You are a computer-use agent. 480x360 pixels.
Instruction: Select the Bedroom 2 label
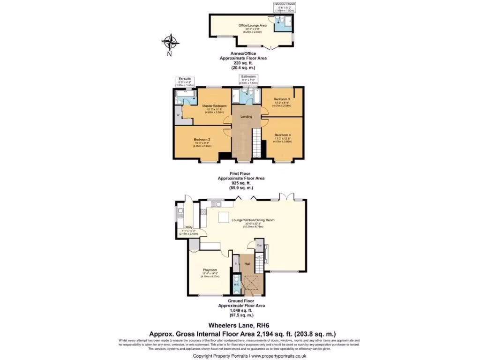(202, 139)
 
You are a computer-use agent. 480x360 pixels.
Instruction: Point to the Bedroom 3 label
(282, 99)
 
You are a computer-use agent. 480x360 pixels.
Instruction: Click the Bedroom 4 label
(282, 135)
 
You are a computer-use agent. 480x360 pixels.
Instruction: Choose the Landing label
(246, 117)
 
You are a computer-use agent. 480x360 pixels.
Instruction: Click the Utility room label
(188, 227)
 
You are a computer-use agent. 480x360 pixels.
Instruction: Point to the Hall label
(247, 264)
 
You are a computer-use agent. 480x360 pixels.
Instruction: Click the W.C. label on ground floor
(236, 284)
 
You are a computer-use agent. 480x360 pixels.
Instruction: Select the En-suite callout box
(184, 82)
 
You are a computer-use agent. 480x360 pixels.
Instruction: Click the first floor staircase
(256, 143)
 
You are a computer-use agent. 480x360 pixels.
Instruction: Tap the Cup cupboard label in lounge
(258, 245)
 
